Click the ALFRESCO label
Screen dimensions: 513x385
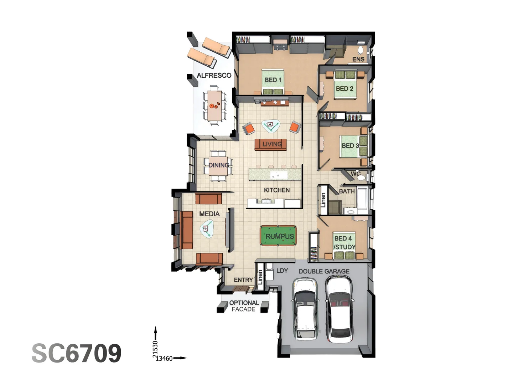click(214, 75)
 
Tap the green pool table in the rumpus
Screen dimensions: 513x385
click(278, 235)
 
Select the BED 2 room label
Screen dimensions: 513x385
click(344, 89)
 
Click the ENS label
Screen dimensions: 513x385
click(358, 59)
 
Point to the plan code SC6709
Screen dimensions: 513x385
click(77, 353)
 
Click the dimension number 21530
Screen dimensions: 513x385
click(155, 349)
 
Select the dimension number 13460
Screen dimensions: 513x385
click(164, 358)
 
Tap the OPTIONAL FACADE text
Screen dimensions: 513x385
click(244, 306)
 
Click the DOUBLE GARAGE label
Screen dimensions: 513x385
click(324, 271)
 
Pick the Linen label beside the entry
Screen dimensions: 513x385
click(260, 277)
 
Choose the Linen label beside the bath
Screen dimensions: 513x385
click(323, 200)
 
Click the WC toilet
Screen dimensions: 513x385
click(361, 178)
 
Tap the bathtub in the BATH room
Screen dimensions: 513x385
click(362, 201)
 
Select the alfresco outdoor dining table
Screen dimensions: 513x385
click(215, 106)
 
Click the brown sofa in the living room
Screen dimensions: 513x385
click(271, 145)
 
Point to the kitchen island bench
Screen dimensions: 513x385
click(275, 174)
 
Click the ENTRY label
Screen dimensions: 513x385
click(243, 280)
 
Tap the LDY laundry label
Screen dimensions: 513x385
click(282, 271)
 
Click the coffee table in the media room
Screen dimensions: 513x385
click(207, 229)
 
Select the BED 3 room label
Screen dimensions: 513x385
click(350, 146)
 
